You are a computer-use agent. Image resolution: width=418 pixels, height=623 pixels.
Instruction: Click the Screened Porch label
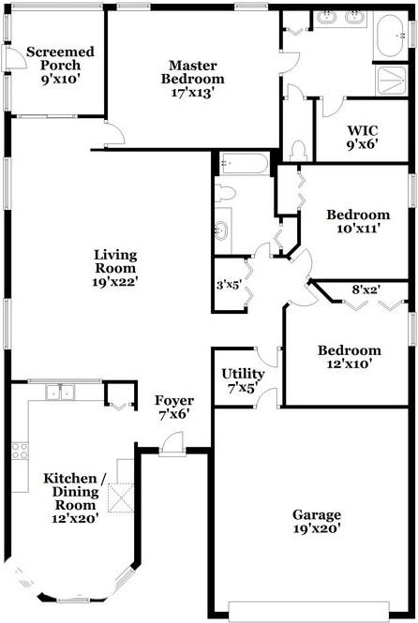(x=60, y=66)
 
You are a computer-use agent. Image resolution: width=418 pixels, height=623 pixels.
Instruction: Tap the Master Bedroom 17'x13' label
(x=193, y=72)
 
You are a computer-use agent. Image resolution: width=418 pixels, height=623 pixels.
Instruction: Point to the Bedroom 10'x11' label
(x=357, y=221)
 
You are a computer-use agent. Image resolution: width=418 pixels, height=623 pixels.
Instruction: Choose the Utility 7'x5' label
(x=243, y=380)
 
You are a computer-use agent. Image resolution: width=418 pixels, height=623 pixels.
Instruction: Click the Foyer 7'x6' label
(x=173, y=408)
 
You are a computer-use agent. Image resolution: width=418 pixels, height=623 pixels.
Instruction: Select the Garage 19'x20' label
(x=316, y=521)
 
